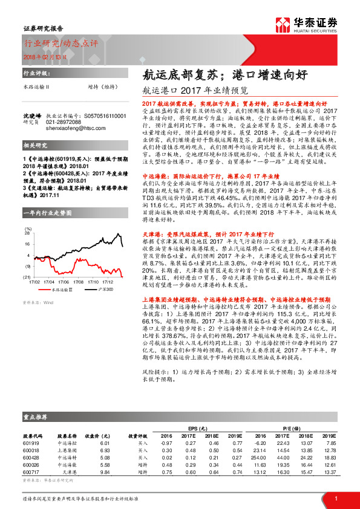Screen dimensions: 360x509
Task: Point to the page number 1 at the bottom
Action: click(x=335, y=499)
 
